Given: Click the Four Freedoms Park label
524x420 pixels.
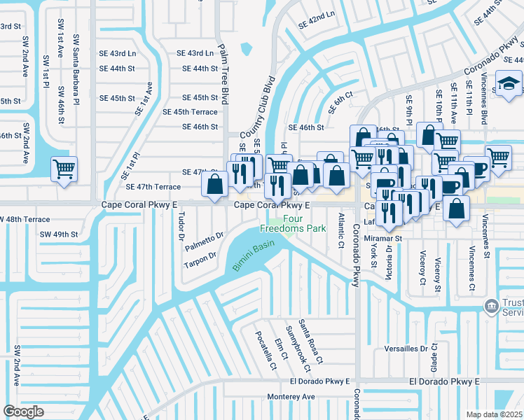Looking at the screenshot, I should [294, 223].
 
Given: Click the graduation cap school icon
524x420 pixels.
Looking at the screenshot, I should [506, 85].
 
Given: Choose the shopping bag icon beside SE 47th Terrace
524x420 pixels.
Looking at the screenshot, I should [214, 184].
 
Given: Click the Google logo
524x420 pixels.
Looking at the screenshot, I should [24, 411].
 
